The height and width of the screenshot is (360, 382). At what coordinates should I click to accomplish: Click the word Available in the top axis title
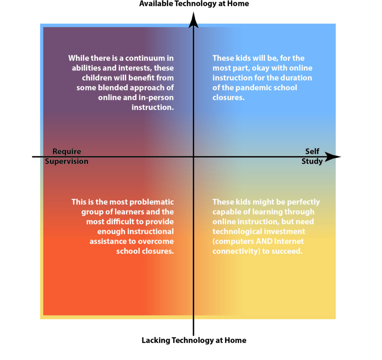[x=156, y=4]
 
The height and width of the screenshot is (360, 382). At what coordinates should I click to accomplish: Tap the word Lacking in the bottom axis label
[x=156, y=340]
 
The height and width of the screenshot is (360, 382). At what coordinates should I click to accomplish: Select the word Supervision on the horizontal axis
[x=66, y=161]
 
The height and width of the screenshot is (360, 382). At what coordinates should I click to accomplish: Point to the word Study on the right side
[x=312, y=161]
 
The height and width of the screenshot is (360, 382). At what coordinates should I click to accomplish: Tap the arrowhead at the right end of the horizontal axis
[x=333, y=157]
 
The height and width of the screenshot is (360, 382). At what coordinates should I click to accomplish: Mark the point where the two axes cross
[x=194, y=157]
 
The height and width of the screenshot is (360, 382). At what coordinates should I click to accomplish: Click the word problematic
[x=151, y=202]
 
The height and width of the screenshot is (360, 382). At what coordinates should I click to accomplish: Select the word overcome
[x=156, y=241]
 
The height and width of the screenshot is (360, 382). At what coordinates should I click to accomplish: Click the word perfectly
[x=303, y=202]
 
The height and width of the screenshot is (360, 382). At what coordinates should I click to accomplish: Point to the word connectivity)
[x=236, y=251]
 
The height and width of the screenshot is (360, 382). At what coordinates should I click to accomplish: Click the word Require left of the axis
[x=67, y=151]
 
